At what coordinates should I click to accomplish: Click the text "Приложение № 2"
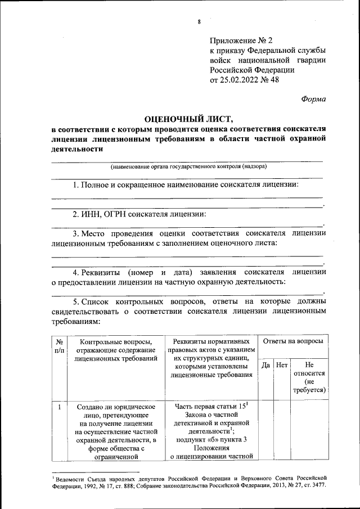coord(241,40)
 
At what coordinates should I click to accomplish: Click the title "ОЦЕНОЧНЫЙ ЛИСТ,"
coord(188,119)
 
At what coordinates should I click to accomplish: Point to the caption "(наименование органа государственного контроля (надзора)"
coord(188,166)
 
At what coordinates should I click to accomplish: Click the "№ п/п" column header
coord(59,345)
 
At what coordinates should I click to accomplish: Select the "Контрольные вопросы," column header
coord(116,341)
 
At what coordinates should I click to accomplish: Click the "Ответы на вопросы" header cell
coord(293,341)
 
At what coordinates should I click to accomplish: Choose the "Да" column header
coord(266,365)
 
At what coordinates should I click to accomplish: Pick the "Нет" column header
coord(282,365)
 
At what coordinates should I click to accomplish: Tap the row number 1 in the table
coord(59,406)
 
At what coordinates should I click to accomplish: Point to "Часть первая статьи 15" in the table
coord(211,406)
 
